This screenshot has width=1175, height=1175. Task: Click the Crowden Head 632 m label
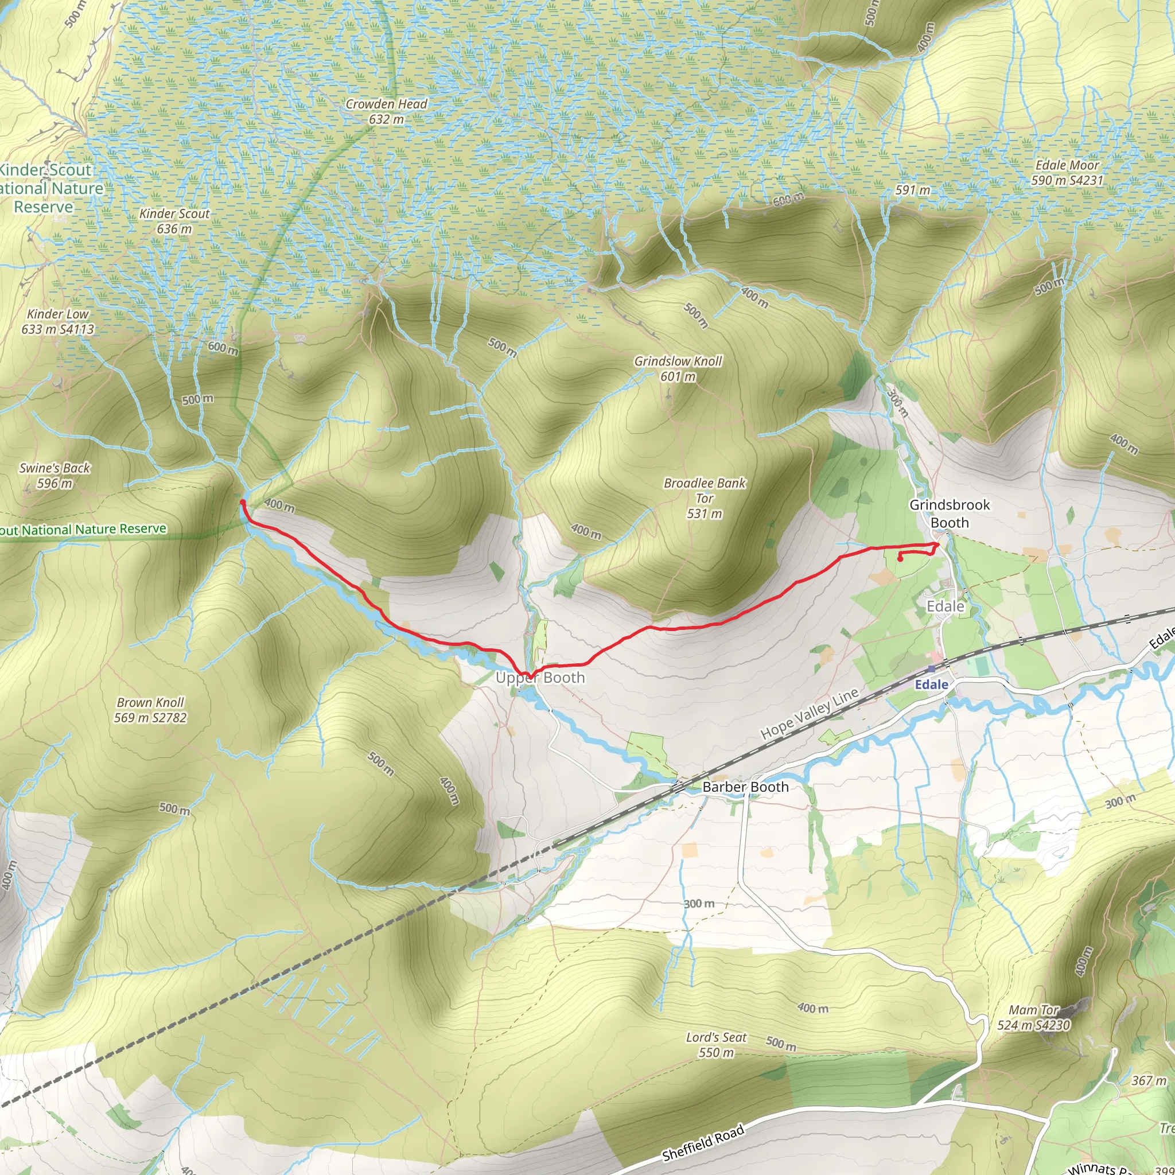(386, 112)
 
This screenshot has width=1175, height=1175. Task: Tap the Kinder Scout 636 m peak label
(174, 221)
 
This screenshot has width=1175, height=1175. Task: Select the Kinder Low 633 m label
(58, 322)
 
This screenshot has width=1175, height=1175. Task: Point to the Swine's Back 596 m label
(55, 476)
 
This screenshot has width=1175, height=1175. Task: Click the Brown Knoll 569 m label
(150, 710)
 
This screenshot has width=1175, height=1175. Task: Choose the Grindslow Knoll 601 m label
(678, 368)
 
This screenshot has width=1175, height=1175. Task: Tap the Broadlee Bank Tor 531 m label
(705, 498)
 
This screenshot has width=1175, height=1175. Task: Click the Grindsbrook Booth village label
(950, 513)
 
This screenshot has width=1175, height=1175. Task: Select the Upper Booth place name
(540, 678)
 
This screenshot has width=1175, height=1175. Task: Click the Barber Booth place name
(745, 787)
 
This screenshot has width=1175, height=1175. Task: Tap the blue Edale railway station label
(931, 685)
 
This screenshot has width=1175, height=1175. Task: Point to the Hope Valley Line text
(810, 713)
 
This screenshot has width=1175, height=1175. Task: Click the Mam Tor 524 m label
(1033, 1017)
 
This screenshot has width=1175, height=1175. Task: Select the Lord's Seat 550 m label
(716, 1045)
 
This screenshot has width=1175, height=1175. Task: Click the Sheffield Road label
(703, 1143)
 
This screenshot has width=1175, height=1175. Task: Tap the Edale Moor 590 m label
(1067, 173)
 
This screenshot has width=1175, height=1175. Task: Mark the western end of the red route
(242, 502)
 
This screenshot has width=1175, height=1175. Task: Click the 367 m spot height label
(1149, 1081)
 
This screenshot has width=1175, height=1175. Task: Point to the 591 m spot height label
(912, 190)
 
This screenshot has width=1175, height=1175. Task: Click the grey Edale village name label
(945, 606)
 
